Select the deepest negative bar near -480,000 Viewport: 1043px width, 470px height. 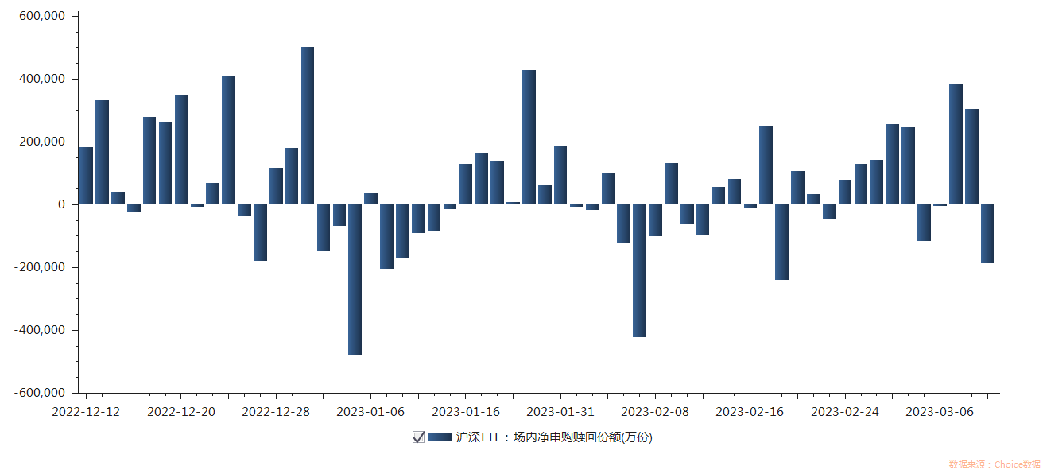[x=355, y=279]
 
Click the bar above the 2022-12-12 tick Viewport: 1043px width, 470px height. [x=86, y=176]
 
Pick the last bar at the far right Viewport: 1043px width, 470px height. [x=987, y=234]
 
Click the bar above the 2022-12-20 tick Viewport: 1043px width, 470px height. [x=181, y=150]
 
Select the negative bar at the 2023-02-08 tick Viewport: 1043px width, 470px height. [x=655, y=220]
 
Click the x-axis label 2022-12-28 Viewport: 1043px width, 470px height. [x=275, y=412]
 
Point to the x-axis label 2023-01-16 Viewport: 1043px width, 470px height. [x=466, y=412]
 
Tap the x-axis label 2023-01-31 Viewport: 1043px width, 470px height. [x=560, y=412]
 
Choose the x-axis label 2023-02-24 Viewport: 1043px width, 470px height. [x=845, y=412]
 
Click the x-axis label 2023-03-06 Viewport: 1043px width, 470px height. [x=940, y=412]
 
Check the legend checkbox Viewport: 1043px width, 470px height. [x=418, y=437]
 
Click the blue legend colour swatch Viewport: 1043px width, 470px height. [x=440, y=437]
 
